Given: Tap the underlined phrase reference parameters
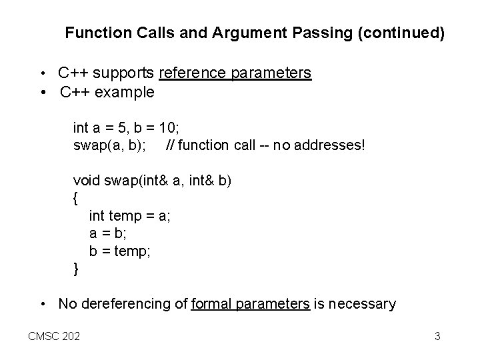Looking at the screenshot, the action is (235, 73).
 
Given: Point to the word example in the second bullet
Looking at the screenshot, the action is (126, 92).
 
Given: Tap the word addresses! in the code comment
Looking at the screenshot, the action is (329, 143).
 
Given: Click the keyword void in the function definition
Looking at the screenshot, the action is (85, 181).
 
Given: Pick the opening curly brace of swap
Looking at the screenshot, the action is (75, 198).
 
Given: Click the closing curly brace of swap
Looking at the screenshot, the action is (75, 269).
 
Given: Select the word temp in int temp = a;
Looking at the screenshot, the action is (123, 216).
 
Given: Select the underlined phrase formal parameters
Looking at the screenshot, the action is (250, 305).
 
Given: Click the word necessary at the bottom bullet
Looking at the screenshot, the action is (363, 305).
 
